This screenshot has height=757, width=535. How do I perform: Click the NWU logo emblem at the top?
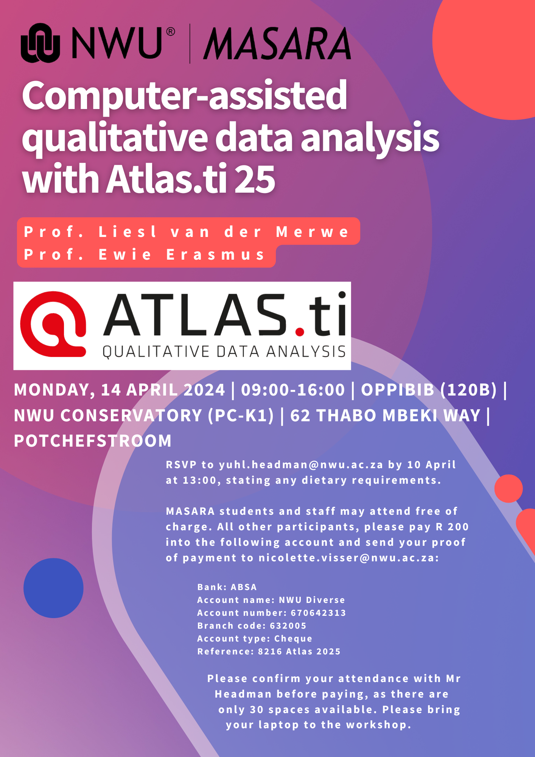(x=40, y=43)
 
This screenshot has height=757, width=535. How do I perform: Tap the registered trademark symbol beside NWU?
(x=171, y=31)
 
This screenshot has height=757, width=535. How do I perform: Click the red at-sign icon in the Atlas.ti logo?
(x=53, y=324)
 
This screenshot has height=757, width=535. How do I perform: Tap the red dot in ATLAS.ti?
(x=300, y=332)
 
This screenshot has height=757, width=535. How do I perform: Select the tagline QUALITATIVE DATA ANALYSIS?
(x=224, y=352)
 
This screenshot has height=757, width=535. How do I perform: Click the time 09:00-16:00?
(x=293, y=390)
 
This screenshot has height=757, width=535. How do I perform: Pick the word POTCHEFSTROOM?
(x=93, y=441)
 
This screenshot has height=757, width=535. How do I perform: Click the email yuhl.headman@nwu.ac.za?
(x=301, y=465)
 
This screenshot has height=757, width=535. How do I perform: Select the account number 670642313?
(x=318, y=613)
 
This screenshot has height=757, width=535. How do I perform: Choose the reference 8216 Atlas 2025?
(x=299, y=651)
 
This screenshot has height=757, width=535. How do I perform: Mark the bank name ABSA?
(x=244, y=587)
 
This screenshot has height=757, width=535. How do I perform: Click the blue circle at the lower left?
(x=53, y=588)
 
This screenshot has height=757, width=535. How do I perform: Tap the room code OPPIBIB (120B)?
(x=429, y=390)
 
